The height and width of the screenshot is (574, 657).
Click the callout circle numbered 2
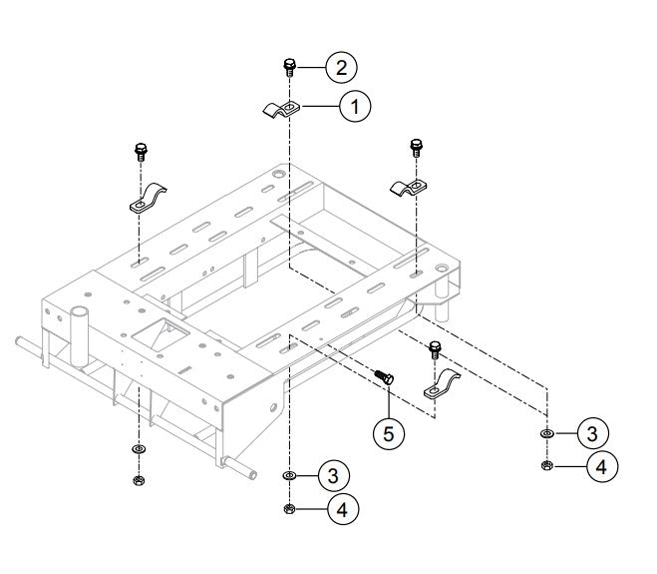340,68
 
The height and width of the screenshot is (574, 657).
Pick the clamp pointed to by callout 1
280,109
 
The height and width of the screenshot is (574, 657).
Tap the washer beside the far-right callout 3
547,435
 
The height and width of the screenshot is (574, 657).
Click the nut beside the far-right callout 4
547,465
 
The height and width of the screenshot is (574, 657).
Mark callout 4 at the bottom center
342,509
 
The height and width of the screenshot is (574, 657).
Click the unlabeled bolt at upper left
139,154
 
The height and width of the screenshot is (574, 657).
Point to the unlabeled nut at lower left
138,481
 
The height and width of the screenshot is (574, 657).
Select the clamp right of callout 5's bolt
444,384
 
